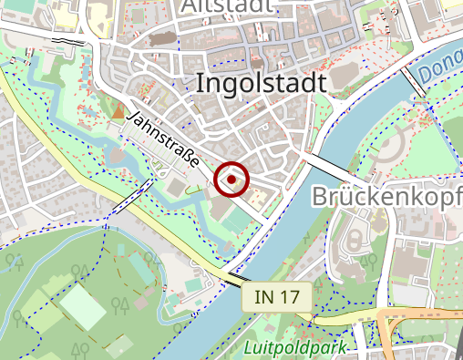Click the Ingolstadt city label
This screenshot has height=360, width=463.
(x=261, y=83)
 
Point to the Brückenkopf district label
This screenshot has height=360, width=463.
(x=387, y=197)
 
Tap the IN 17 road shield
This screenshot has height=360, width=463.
(x=277, y=296)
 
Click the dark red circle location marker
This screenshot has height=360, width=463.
(x=232, y=180)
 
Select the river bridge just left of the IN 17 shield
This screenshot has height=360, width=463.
(x=241, y=278)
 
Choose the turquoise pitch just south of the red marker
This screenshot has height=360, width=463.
(x=234, y=220)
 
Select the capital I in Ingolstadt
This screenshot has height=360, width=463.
(x=200, y=83)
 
